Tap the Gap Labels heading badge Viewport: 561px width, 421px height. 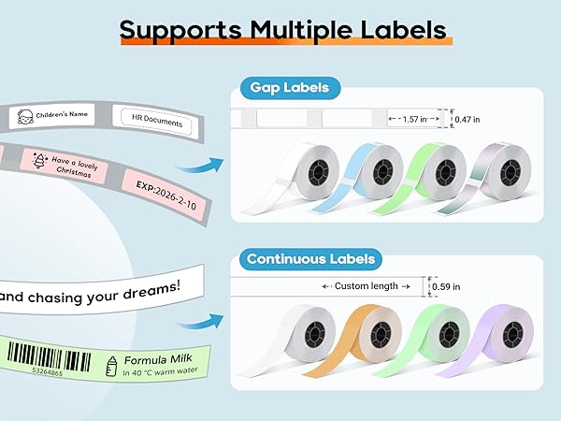289,89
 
